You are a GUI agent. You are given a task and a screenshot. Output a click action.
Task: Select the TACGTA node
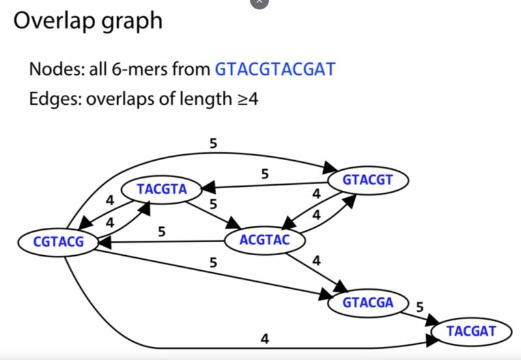(x=162, y=189)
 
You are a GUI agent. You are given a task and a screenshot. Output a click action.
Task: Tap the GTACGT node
(x=368, y=180)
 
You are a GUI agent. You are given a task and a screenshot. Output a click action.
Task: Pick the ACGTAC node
(x=264, y=242)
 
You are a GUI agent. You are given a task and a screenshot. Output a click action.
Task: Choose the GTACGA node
(x=368, y=303)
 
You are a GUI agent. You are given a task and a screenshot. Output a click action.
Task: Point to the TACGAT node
(x=471, y=331)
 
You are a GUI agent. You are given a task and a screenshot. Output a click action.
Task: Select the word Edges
(x=53, y=100)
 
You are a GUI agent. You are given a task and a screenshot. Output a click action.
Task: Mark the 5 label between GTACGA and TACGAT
(x=419, y=306)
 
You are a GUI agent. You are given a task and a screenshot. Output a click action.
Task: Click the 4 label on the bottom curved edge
(x=264, y=339)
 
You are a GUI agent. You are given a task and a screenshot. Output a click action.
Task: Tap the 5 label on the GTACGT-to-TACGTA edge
(x=264, y=174)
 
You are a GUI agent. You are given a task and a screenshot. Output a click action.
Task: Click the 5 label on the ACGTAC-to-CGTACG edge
(x=162, y=231)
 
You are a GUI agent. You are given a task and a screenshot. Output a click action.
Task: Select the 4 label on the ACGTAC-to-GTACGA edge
(x=317, y=262)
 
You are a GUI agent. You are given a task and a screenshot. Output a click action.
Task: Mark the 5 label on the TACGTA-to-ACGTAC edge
(x=213, y=204)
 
